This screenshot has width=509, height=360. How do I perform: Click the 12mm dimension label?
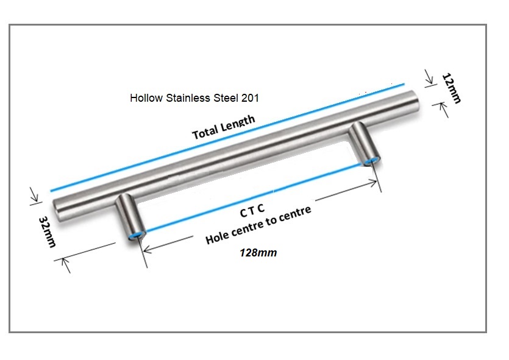click(x=452, y=88)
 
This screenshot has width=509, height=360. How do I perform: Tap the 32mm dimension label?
click(x=48, y=231)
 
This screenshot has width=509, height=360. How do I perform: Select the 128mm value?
click(x=258, y=253)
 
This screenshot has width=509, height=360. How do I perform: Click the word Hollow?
click(x=146, y=98)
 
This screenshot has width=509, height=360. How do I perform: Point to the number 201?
click(x=250, y=98)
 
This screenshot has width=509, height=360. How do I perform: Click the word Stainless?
click(x=188, y=98)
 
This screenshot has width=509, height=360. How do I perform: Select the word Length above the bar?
click(x=238, y=122)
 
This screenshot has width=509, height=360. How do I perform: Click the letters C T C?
click(x=252, y=211)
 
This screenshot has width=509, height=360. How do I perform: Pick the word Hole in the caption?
click(x=218, y=237)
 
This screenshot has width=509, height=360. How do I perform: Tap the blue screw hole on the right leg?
click(x=371, y=161)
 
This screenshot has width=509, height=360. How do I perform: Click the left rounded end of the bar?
click(x=58, y=211)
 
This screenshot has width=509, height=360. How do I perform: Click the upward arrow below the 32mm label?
click(x=66, y=265)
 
